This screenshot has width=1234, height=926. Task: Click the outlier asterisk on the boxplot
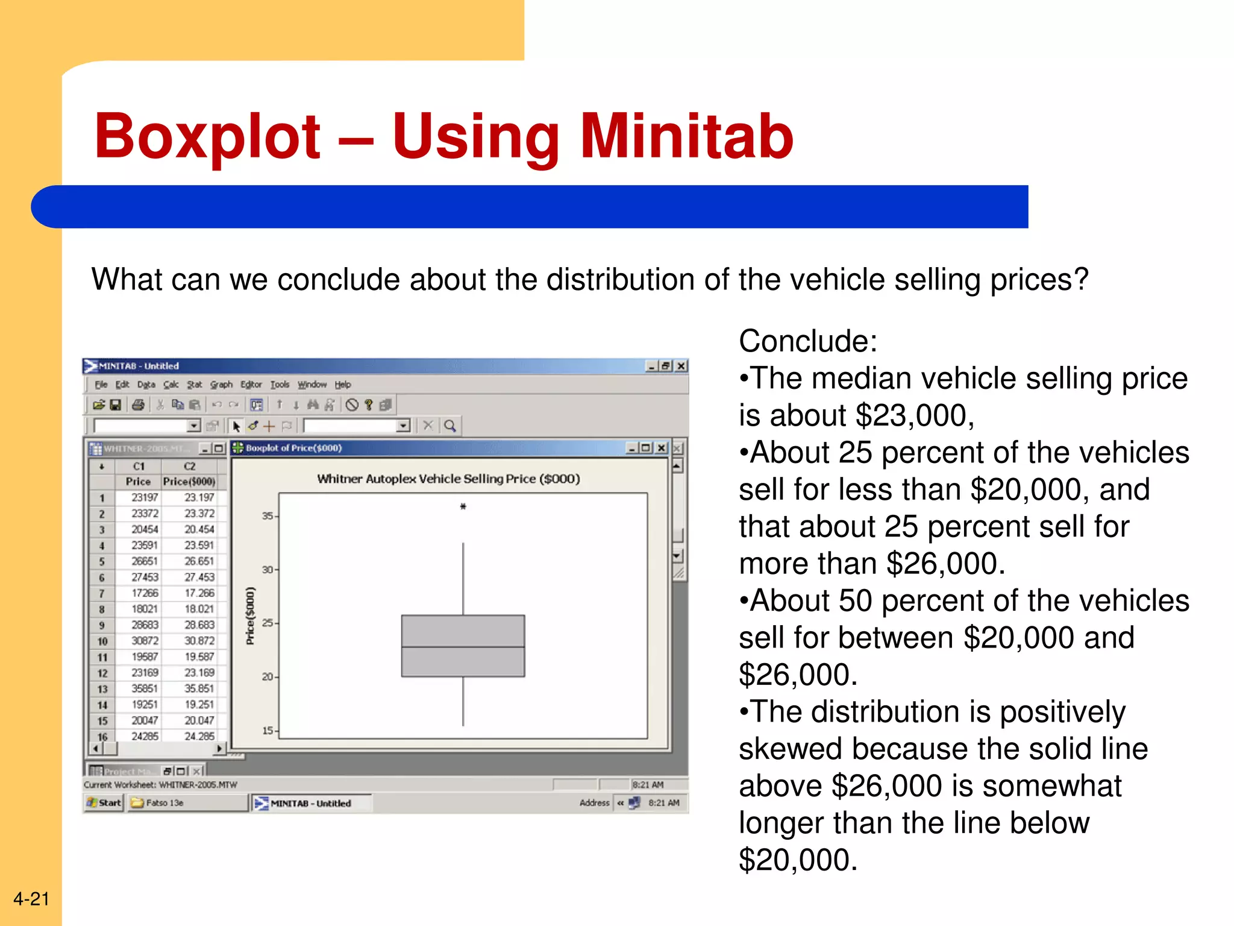coord(463,506)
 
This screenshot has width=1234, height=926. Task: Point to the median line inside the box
coord(463,647)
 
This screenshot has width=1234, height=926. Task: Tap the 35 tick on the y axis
coord(268,516)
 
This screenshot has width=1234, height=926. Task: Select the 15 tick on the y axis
coord(268,731)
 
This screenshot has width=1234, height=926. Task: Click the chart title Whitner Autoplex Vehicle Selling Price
coord(448,479)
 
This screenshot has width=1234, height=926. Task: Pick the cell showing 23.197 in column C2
coord(199,497)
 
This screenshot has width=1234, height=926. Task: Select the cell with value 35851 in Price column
coord(145,688)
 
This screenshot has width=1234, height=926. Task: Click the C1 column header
coord(139,466)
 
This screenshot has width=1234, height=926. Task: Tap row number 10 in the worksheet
coord(102,641)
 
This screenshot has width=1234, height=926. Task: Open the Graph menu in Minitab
coord(221,385)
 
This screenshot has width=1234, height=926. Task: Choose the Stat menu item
coord(194,385)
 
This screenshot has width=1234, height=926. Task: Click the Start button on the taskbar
coord(104,802)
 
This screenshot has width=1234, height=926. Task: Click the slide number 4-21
coord(31,899)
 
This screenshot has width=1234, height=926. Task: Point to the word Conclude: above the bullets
coord(807,341)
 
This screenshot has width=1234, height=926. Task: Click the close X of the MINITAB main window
coord(681,366)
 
